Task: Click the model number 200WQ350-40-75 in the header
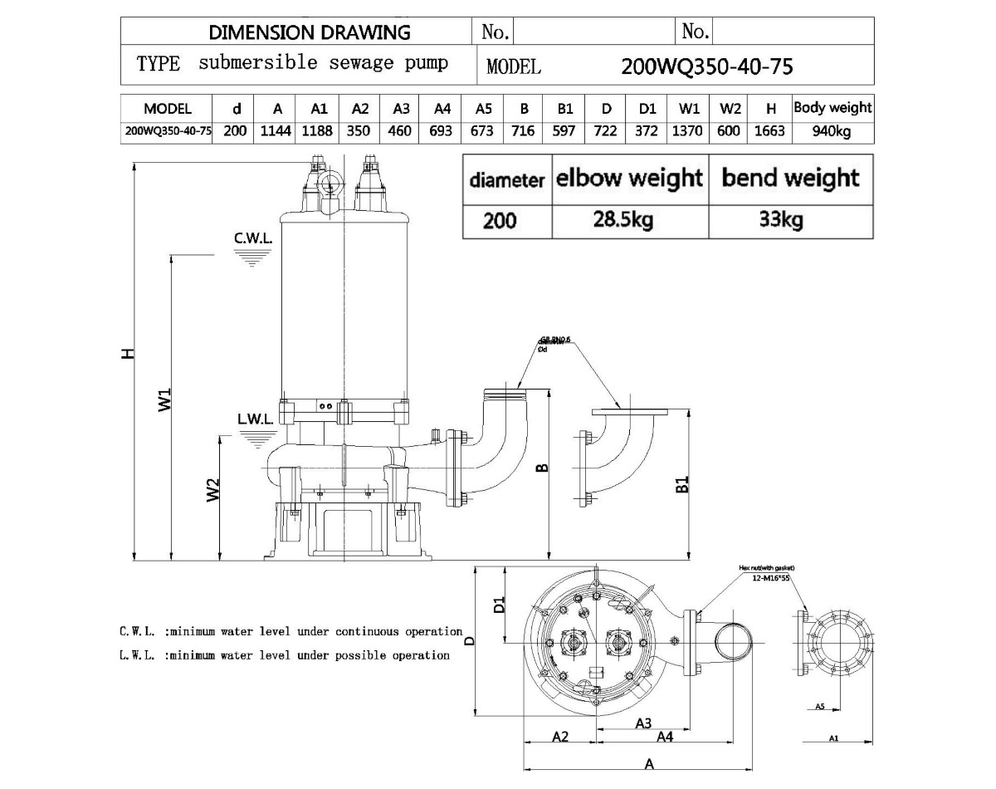706,66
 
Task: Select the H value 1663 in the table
769,131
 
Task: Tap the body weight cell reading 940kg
832,131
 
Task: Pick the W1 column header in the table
689,108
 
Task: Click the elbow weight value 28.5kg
629,221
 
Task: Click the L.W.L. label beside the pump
255,419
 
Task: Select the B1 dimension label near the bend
682,484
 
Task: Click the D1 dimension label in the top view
499,604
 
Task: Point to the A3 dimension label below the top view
642,723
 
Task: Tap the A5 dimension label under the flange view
819,707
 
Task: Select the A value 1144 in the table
277,131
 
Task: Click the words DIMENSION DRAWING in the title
310,32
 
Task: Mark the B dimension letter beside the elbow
541,469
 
